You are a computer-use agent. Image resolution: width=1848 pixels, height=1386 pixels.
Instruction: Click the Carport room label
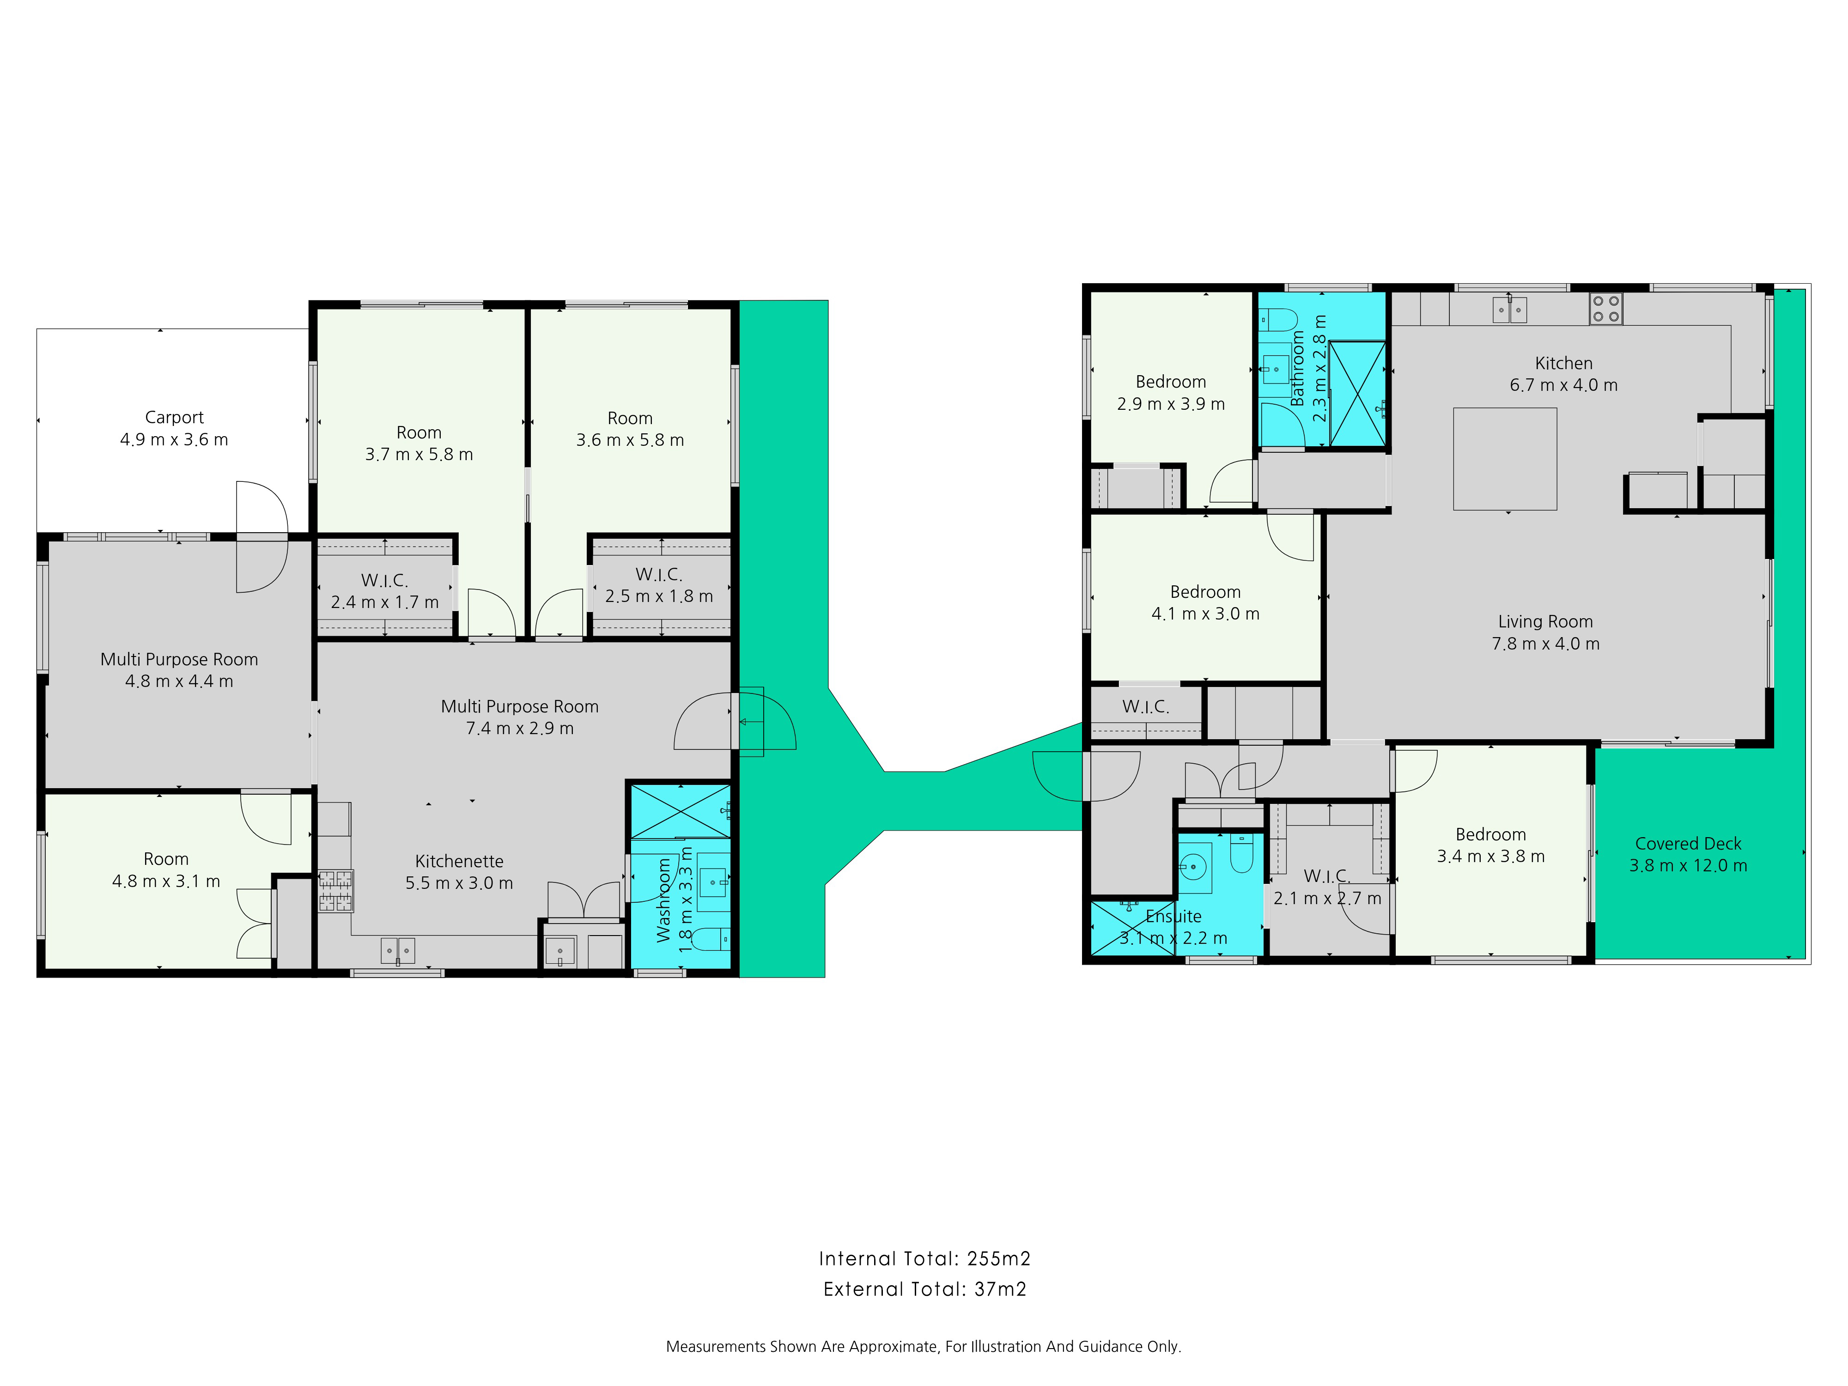pos(174,417)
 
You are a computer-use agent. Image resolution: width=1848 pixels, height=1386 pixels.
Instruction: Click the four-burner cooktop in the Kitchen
pos(1605,308)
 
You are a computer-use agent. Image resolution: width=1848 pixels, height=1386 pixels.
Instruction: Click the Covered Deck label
pos(1688,843)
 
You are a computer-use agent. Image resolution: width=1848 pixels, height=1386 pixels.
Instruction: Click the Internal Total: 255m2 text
pos(924,1258)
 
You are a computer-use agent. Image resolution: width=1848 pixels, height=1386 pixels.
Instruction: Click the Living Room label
pos(1545,621)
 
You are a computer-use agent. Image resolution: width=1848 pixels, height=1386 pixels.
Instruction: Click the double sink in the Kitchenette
pos(398,951)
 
